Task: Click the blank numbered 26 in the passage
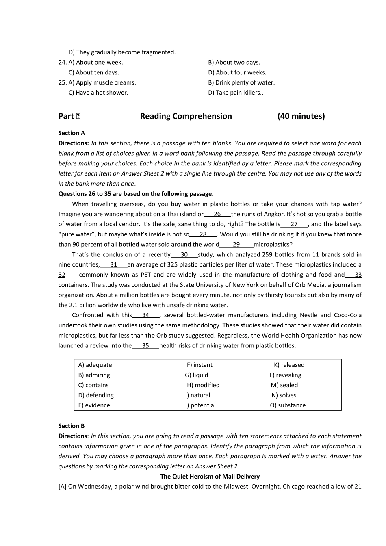(x=217, y=214)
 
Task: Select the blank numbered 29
(x=236, y=245)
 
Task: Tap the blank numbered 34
(x=146, y=315)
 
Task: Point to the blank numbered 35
(x=145, y=346)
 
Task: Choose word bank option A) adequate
(x=95, y=365)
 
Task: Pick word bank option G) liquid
(x=197, y=375)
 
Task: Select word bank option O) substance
(x=288, y=405)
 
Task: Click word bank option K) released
(x=289, y=365)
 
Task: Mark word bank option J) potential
(x=200, y=405)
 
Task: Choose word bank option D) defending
(x=96, y=395)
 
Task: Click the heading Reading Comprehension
(x=186, y=116)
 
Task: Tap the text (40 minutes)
(x=301, y=116)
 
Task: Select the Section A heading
(x=72, y=133)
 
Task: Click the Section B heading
(x=72, y=426)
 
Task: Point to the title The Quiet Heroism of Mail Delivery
(x=210, y=477)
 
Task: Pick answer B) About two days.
(x=234, y=63)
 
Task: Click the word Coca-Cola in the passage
(x=348, y=315)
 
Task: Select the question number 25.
(x=62, y=83)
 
